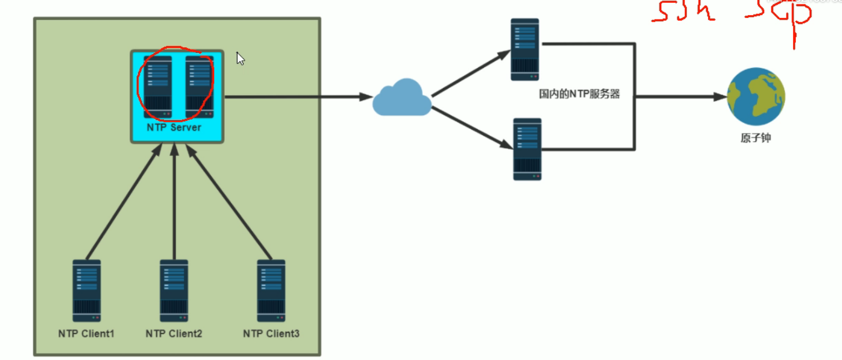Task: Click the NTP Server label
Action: (174, 127)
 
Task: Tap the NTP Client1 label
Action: (86, 334)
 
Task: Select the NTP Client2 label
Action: (174, 334)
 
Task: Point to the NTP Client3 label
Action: (271, 334)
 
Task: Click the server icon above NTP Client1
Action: (87, 290)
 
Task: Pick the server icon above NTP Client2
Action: (174, 290)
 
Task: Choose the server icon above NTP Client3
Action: (271, 290)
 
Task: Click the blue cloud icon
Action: (402, 98)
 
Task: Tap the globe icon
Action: (756, 97)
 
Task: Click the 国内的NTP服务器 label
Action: (579, 95)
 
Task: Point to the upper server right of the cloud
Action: (525, 50)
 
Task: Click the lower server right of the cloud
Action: (527, 149)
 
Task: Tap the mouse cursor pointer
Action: (240, 58)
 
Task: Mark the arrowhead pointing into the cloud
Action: (366, 97)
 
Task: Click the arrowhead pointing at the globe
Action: (721, 97)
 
